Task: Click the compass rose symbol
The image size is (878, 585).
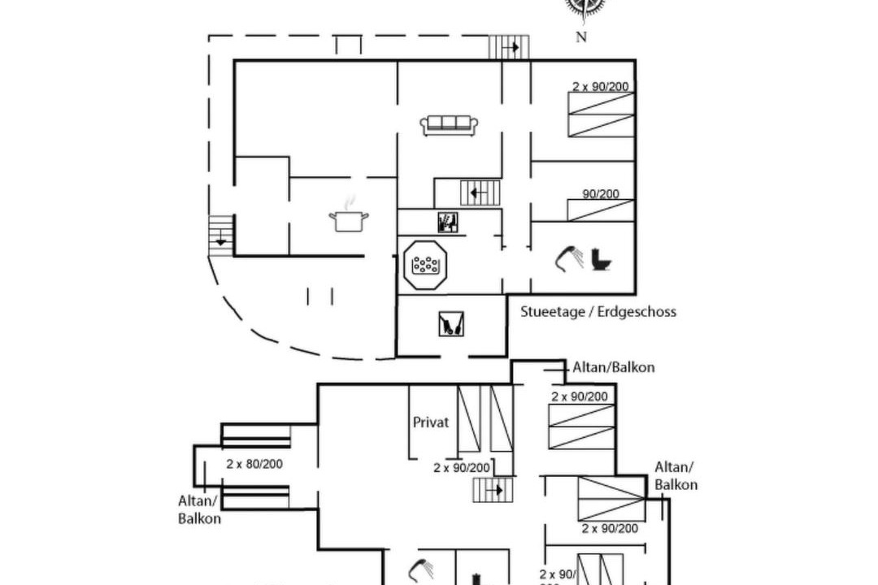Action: pyautogui.click(x=585, y=7)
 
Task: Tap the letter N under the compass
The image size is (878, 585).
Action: pyautogui.click(x=581, y=37)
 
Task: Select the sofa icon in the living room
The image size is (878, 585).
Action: pyautogui.click(x=449, y=124)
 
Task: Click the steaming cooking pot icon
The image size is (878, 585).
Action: pyautogui.click(x=349, y=218)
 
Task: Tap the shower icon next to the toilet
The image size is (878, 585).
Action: pyautogui.click(x=569, y=259)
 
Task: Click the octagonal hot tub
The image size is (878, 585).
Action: pyautogui.click(x=425, y=264)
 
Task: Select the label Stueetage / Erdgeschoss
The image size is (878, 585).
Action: pyautogui.click(x=598, y=312)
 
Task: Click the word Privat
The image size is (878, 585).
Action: pyautogui.click(x=431, y=422)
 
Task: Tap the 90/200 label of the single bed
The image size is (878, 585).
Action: pyautogui.click(x=601, y=194)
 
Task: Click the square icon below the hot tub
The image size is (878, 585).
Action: pyautogui.click(x=451, y=324)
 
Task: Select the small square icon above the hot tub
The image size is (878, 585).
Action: pyautogui.click(x=447, y=222)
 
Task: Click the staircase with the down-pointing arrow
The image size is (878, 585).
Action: pyautogui.click(x=221, y=236)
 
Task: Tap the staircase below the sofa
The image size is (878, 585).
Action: pyautogui.click(x=480, y=193)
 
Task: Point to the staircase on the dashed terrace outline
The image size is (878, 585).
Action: pyautogui.click(x=509, y=47)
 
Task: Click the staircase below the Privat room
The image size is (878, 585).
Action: pyautogui.click(x=493, y=490)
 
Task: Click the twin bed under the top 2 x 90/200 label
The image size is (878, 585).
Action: pyautogui.click(x=601, y=115)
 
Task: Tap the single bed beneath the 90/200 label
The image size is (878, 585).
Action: pyautogui.click(x=601, y=210)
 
